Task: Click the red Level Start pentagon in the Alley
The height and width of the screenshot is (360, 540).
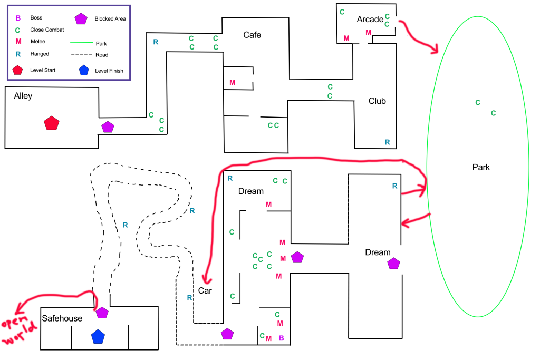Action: (x=51, y=123)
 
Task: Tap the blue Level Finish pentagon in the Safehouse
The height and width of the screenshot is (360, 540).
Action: (x=97, y=337)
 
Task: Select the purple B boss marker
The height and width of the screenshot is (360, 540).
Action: (x=281, y=338)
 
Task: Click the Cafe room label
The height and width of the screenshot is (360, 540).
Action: (x=252, y=35)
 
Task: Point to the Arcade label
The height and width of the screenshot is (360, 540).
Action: (x=370, y=20)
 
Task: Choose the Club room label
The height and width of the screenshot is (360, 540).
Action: (x=377, y=101)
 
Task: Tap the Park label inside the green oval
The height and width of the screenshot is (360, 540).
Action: (x=481, y=168)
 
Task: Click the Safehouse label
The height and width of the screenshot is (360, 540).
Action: (x=62, y=318)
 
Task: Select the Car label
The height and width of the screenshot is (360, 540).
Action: (x=205, y=290)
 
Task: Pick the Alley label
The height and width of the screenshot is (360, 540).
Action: (x=23, y=96)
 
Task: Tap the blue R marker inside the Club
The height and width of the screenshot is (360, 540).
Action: (x=387, y=142)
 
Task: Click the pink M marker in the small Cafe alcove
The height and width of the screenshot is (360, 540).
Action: (x=233, y=83)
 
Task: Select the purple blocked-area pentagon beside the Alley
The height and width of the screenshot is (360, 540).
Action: (x=108, y=127)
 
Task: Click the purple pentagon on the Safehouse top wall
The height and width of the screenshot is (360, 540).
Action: (x=102, y=313)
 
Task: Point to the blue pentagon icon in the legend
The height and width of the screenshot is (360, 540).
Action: (x=83, y=70)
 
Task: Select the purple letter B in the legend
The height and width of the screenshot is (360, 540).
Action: (x=18, y=18)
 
